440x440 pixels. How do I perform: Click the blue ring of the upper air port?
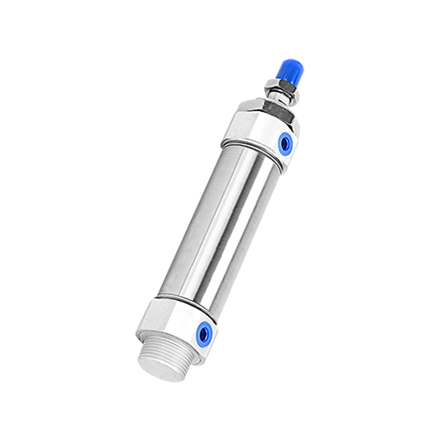pos(285,144)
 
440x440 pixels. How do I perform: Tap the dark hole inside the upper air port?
pos(285,144)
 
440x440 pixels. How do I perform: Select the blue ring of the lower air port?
pos(205,331)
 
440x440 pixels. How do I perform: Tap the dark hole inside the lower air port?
pos(205,332)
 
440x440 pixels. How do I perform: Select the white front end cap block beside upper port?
pos(250,129)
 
